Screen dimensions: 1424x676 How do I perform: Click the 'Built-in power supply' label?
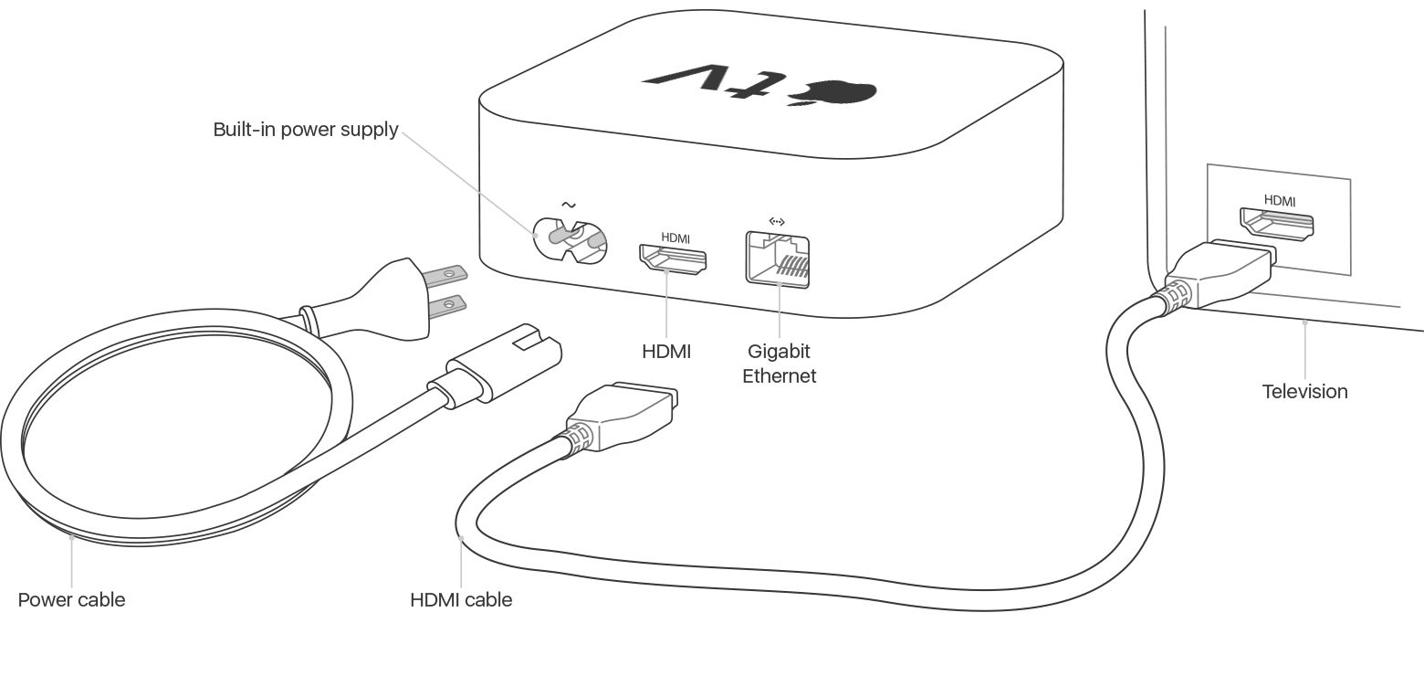pyautogui.click(x=305, y=130)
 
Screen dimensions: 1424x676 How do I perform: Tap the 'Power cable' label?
pyautogui.click(x=71, y=599)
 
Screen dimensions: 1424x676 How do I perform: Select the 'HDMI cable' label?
pyautogui.click(x=461, y=599)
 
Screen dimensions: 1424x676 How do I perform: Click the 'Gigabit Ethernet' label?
pyautogui.click(x=779, y=363)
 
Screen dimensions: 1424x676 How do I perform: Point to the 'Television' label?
pyautogui.click(x=1304, y=391)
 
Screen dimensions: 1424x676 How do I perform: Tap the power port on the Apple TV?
pyautogui.click(x=571, y=241)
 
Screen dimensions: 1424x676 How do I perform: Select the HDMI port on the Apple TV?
pyautogui.click(x=673, y=259)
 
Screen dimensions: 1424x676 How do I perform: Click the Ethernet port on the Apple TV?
pyautogui.click(x=778, y=260)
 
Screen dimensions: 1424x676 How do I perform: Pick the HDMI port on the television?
pyautogui.click(x=1276, y=225)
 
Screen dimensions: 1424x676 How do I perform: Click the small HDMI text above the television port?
pyautogui.click(x=1280, y=201)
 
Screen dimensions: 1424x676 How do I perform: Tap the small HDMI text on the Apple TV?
pyautogui.click(x=675, y=238)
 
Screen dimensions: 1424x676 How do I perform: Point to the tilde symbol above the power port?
pyautogui.click(x=569, y=205)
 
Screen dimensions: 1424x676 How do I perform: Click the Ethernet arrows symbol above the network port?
pyautogui.click(x=777, y=221)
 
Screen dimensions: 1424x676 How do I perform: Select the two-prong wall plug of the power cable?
pyautogui.click(x=384, y=298)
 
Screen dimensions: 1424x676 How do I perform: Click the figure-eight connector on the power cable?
pyautogui.click(x=496, y=366)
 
